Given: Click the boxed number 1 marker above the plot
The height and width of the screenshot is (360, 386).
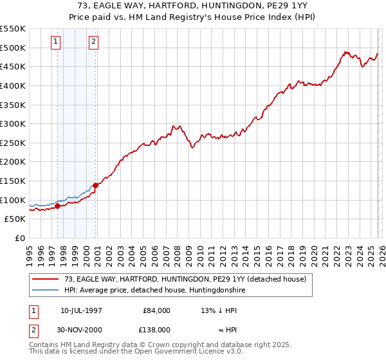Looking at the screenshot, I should [55, 42].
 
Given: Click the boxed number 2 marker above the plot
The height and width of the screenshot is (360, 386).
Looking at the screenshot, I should [93, 42].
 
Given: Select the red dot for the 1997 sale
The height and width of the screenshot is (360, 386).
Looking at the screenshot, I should [57, 206].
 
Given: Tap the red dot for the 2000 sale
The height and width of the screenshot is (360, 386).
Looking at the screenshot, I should [96, 185].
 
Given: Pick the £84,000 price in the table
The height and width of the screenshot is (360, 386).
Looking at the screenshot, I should [156, 310].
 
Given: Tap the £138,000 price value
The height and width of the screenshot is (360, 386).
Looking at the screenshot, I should [156, 330].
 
